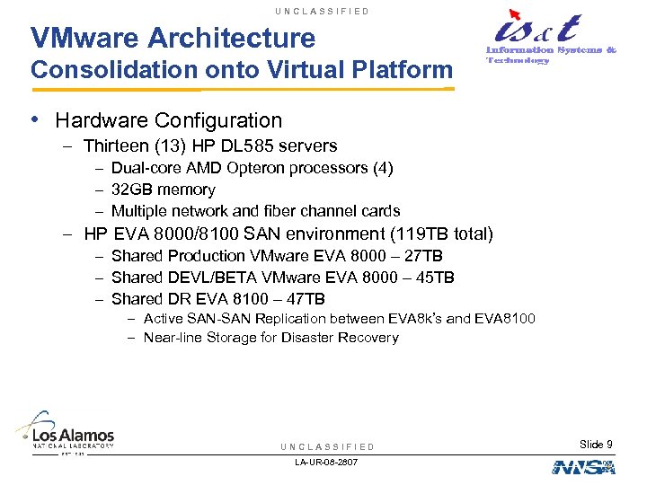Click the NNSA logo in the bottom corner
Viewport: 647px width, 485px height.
click(x=583, y=466)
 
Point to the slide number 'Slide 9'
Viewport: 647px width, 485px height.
click(x=596, y=445)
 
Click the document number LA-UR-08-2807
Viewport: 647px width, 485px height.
click(x=326, y=462)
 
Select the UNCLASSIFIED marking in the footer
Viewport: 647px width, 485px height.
click(x=327, y=446)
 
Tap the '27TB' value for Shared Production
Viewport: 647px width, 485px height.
click(x=421, y=256)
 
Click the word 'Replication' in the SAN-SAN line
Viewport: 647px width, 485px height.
click(x=292, y=319)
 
